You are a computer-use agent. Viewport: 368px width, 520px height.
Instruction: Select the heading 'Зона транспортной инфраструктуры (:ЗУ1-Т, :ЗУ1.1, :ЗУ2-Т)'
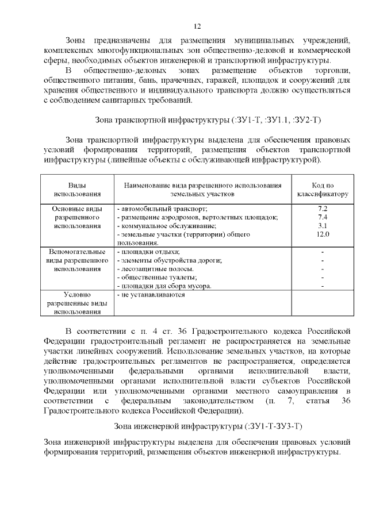pyautogui.click(x=207, y=120)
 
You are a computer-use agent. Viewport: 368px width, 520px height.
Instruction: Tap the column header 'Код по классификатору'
pyautogui.click(x=322, y=190)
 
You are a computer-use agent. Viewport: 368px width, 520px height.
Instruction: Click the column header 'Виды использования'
pyautogui.click(x=77, y=190)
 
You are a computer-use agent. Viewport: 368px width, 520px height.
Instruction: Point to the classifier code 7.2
pyautogui.click(x=323, y=209)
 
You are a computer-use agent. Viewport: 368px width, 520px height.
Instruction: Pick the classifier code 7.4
pyautogui.click(x=323, y=217)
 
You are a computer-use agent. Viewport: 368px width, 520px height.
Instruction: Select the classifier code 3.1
pyautogui.click(x=323, y=226)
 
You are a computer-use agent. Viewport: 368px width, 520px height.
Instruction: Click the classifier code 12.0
pyautogui.click(x=323, y=234)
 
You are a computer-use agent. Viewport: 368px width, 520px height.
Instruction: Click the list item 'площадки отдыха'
pyautogui.click(x=149, y=252)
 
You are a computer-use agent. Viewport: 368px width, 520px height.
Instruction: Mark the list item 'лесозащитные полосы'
pyautogui.click(x=155, y=269)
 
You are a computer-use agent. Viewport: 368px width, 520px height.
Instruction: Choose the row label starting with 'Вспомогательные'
pyautogui.click(x=77, y=260)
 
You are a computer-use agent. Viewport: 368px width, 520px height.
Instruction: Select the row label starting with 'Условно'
pyautogui.click(x=77, y=303)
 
